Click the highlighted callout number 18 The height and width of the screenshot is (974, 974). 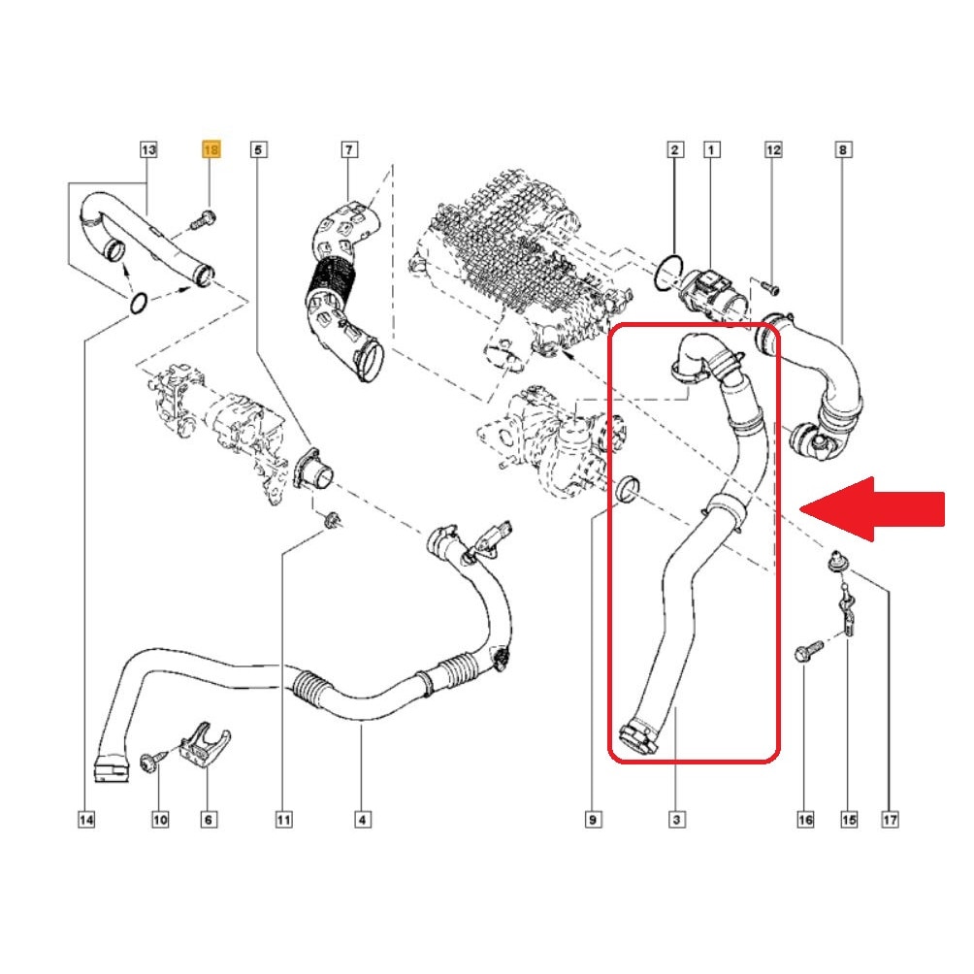click(211, 149)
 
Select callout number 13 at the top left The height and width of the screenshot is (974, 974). click(148, 149)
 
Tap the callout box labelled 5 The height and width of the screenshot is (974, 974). click(258, 149)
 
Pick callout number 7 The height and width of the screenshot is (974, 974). click(349, 149)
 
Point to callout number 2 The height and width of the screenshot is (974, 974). click(675, 149)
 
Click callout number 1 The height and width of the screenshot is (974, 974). click(711, 149)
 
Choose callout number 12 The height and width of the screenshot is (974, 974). click(773, 149)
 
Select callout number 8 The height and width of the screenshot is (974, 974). click(843, 149)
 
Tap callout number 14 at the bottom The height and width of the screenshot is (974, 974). click(86, 820)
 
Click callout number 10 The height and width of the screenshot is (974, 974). click(160, 820)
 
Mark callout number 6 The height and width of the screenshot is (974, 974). click(209, 820)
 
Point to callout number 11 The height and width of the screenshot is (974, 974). click(283, 820)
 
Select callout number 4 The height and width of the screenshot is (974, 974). click(363, 820)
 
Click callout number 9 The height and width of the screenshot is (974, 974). click(593, 820)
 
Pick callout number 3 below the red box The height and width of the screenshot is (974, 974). click(676, 820)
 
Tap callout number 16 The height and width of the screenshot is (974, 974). click(805, 820)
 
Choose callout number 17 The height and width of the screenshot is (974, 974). click(891, 820)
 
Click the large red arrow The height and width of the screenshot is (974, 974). click(872, 509)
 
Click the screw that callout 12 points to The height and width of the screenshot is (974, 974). click(769, 287)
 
